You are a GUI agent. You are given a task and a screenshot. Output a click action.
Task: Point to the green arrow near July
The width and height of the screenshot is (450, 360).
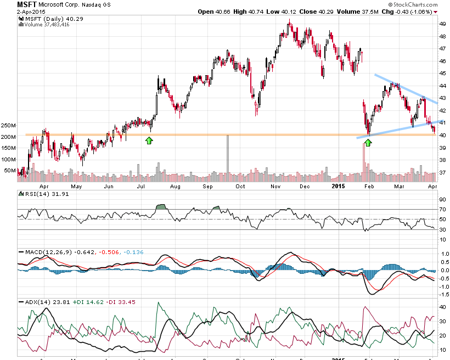tap(149, 141)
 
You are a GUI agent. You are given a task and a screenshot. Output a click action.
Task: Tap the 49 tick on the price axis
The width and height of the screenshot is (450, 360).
tap(442, 24)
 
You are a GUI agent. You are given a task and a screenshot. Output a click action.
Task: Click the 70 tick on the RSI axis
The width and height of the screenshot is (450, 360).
tap(441, 210)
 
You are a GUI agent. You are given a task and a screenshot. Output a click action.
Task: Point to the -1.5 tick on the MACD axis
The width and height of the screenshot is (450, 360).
tap(441, 295)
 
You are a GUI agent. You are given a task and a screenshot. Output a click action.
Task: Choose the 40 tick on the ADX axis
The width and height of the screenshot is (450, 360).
tap(441, 307)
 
